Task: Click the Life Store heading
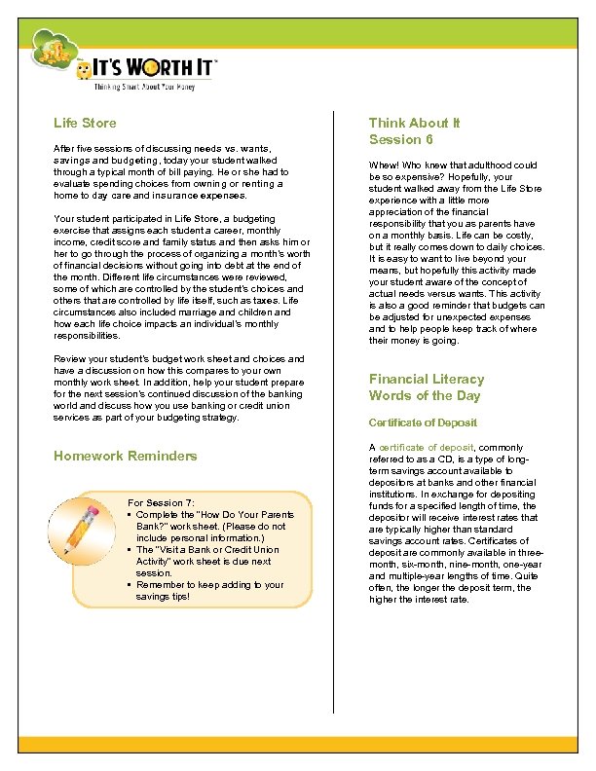(85, 123)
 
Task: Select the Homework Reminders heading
(125, 456)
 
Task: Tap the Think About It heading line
(414, 123)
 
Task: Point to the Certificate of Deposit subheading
(422, 423)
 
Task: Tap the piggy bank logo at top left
(55, 49)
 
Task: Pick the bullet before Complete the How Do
(130, 514)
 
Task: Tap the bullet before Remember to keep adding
(130, 584)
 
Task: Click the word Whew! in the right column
(383, 165)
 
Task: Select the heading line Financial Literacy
(426, 379)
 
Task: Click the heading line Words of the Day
(423, 395)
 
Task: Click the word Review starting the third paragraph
(68, 358)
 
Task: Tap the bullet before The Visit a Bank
(130, 549)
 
